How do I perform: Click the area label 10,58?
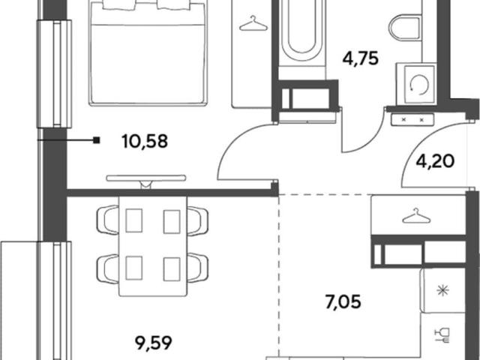(x=145, y=142)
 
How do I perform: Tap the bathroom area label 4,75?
(x=361, y=58)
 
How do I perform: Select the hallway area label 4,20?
(x=435, y=161)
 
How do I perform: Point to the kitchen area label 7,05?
(x=343, y=302)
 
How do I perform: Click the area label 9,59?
(x=154, y=343)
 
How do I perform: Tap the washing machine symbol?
(x=416, y=83)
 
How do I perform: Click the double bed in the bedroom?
(x=148, y=52)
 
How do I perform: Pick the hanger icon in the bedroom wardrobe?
(x=253, y=23)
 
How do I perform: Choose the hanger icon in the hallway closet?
(x=416, y=215)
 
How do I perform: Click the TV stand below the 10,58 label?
(x=146, y=181)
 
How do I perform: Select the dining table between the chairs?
(x=153, y=246)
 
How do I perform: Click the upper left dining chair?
(x=108, y=220)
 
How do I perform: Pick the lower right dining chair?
(x=198, y=268)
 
